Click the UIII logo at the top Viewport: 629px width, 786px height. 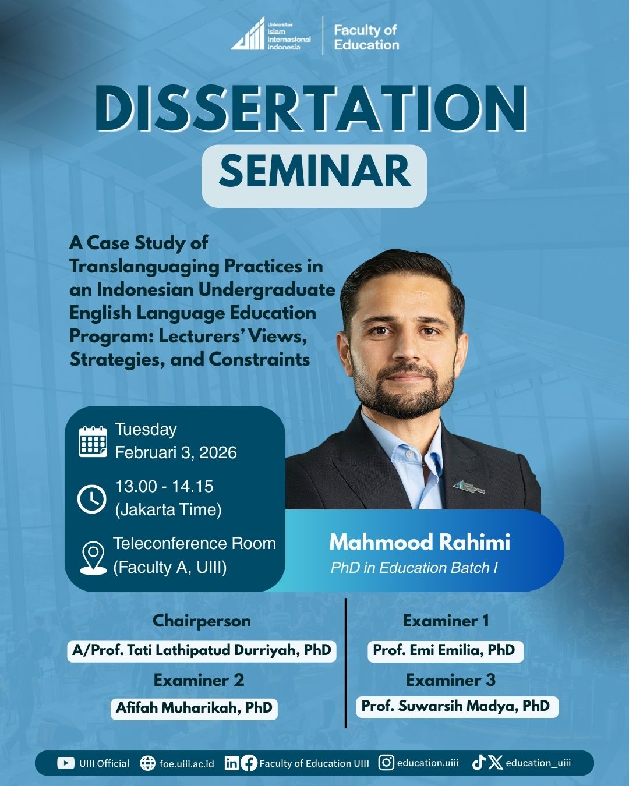click(271, 34)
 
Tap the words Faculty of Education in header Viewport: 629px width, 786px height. click(366, 37)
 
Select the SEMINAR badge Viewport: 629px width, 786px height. click(314, 176)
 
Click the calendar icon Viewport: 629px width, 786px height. click(93, 441)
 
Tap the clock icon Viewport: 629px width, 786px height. click(92, 499)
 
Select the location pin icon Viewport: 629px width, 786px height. click(93, 558)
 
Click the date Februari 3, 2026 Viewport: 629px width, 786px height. click(176, 452)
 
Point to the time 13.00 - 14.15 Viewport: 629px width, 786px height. click(164, 487)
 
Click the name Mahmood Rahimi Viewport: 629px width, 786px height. click(419, 542)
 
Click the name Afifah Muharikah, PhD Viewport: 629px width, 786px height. click(194, 707)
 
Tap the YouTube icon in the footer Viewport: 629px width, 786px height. click(66, 763)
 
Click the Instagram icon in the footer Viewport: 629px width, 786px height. click(386, 763)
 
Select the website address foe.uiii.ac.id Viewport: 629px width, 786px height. click(187, 764)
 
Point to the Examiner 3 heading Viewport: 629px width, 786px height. click(451, 680)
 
